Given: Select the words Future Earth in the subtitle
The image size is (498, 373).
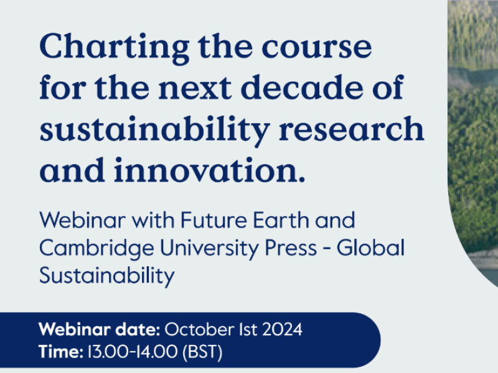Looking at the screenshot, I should coord(242,221).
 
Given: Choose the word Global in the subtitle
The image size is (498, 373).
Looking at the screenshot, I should coord(371,248).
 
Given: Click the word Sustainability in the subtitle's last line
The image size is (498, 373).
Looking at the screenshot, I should coord(106,275).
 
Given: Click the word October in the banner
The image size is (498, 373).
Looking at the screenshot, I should coord(196,330).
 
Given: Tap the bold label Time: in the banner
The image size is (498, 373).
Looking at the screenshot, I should coord(60,352).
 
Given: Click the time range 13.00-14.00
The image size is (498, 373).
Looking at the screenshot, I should coord(132,352).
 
